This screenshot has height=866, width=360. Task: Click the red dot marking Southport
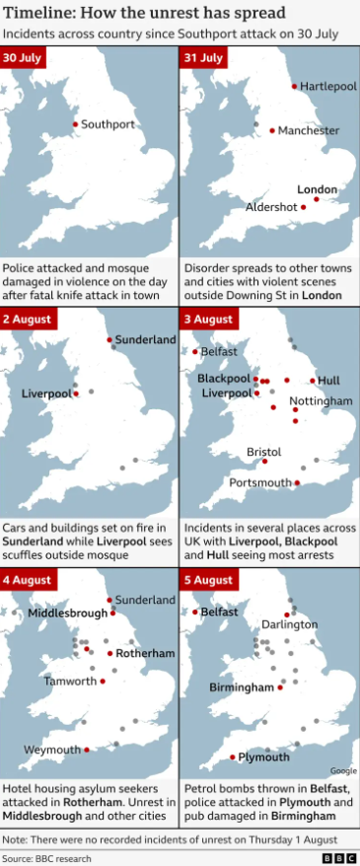point(75,124)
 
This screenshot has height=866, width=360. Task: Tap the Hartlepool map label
point(327,87)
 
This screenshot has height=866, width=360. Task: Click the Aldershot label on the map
point(271,207)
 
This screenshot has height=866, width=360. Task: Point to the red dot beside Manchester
point(272,130)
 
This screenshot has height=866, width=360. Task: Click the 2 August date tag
point(27,320)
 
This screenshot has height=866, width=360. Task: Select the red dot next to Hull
point(313,380)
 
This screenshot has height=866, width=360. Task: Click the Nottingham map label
point(321,401)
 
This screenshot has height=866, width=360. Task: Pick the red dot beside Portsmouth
point(297,483)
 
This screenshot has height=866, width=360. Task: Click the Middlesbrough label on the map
point(67,613)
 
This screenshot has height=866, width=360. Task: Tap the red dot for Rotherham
point(109,653)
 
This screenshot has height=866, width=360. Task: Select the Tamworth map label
point(70,681)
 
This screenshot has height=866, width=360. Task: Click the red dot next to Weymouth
point(87,750)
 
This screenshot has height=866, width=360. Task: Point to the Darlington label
point(289,624)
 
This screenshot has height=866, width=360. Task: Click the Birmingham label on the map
point(241,686)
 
